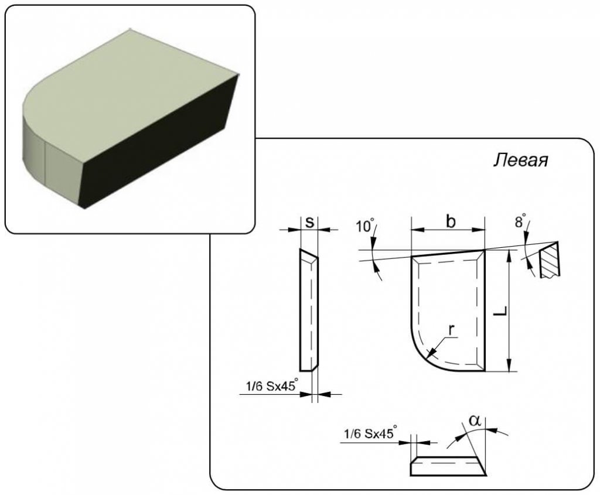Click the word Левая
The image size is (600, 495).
tap(520, 161)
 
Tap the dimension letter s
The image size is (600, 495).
tap(310, 221)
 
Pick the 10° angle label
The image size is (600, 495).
tap(366, 226)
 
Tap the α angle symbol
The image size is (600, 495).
tap(475, 421)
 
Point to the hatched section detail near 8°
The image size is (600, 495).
tap(548, 260)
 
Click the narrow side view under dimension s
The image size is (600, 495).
tap(308, 310)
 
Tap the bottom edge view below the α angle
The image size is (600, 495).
tap(448, 466)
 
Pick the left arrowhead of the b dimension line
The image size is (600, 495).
tap(417, 230)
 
